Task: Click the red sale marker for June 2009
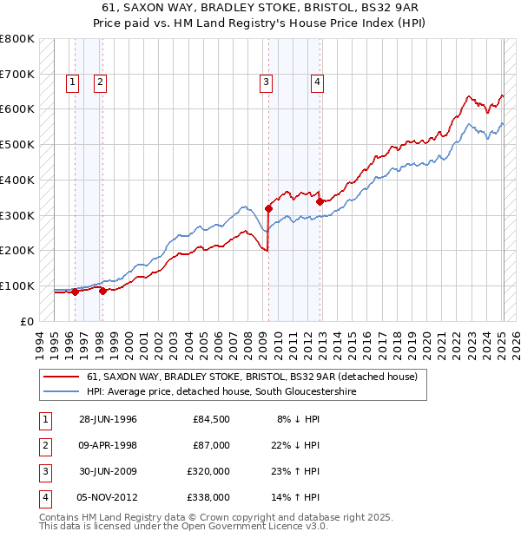tap(268, 208)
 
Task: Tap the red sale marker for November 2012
tap(319, 201)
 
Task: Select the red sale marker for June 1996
tap(75, 292)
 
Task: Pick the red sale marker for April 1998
tap(102, 291)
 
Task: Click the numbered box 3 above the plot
tap(266, 82)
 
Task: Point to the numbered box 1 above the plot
tap(72, 82)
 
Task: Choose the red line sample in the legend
tap(62, 377)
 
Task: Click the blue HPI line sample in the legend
tap(62, 392)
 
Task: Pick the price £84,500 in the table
tap(211, 419)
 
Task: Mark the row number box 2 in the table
tap(45, 445)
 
